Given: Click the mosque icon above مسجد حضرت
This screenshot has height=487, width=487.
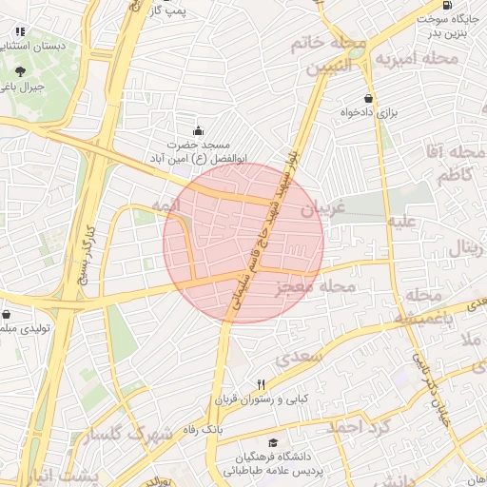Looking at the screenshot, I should (197, 130).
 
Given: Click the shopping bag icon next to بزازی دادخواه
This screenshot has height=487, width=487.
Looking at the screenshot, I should (368, 99).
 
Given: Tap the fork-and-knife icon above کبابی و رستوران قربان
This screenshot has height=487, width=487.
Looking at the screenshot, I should (261, 384).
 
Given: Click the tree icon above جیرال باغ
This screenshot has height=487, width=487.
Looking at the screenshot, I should (21, 71).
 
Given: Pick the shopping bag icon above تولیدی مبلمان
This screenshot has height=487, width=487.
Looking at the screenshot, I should (8, 314).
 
